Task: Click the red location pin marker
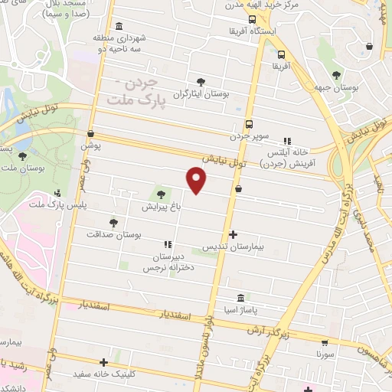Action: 197,181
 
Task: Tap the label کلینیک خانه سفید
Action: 114,375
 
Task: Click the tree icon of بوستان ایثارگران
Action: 201,81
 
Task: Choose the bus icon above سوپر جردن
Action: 248,124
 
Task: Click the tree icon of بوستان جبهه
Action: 338,74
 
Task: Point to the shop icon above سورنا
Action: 325,344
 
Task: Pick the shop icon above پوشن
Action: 91,132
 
